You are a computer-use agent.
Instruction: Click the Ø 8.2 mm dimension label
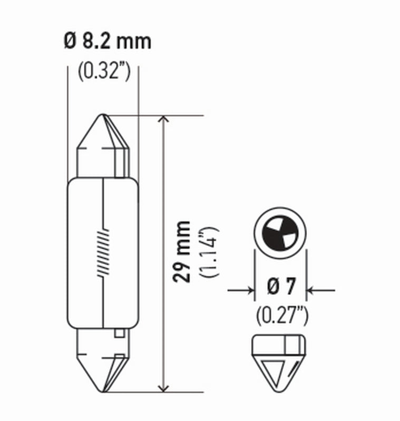(108, 42)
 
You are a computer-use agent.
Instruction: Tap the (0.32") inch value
(104, 72)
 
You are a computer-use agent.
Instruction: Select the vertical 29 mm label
(183, 253)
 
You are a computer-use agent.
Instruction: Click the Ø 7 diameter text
(280, 289)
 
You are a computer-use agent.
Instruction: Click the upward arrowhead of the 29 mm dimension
(164, 120)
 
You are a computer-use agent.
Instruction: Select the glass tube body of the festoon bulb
(84, 253)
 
